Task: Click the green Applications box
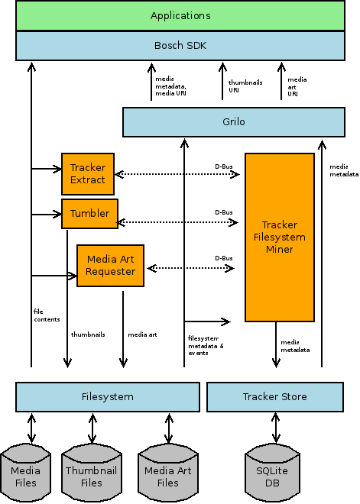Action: [x=180, y=15]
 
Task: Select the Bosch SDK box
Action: [x=180, y=46]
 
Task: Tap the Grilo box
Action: [x=234, y=122]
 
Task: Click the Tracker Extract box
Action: [x=88, y=174]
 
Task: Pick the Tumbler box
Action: [x=89, y=213]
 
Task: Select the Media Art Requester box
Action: [x=110, y=266]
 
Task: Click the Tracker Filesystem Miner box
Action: [x=280, y=237]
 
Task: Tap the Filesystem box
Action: [x=108, y=396]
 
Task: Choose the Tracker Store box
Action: [x=275, y=396]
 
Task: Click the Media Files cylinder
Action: [x=25, y=473]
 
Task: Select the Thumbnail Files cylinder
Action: [x=92, y=473]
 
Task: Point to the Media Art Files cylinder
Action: [x=167, y=473]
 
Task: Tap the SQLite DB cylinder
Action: [x=272, y=473]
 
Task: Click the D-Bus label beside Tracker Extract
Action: [x=224, y=166]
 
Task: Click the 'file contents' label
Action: [x=47, y=315]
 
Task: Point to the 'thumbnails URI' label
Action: [x=245, y=86]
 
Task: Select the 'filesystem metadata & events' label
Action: [x=206, y=345]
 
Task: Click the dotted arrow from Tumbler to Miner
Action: [x=178, y=222]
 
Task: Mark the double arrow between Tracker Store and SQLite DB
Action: [x=276, y=428]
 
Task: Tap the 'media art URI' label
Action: [x=297, y=86]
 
